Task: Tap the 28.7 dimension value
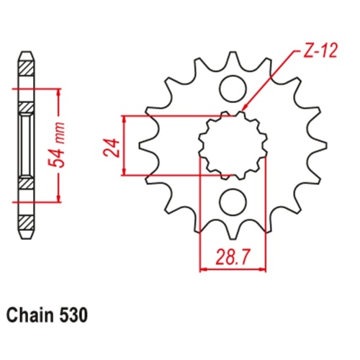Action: (x=232, y=256)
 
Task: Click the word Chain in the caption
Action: (x=30, y=315)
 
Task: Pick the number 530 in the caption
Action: (x=75, y=315)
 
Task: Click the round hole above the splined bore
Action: (x=232, y=90)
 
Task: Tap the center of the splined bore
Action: (x=232, y=145)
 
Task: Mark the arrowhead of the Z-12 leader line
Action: (x=244, y=112)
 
